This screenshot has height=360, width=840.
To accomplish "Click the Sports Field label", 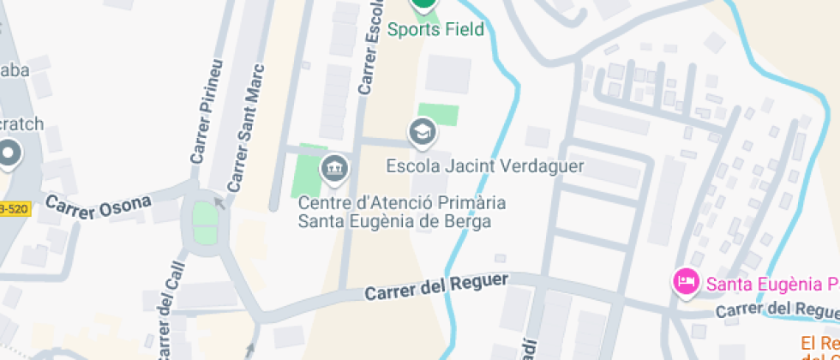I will [x=435, y=30].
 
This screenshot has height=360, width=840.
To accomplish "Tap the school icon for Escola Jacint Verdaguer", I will [x=423, y=132].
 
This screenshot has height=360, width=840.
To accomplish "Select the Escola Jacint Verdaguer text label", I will [x=485, y=165].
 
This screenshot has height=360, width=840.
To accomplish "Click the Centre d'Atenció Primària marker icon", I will [x=334, y=168].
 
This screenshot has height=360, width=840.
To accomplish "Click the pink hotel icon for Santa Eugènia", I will [x=686, y=281].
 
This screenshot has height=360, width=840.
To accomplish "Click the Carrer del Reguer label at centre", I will [x=436, y=287].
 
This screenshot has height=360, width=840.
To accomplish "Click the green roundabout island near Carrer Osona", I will [x=205, y=223].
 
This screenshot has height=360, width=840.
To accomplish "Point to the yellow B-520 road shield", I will [x=15, y=209].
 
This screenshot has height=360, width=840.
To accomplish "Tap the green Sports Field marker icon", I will [x=423, y=3].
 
